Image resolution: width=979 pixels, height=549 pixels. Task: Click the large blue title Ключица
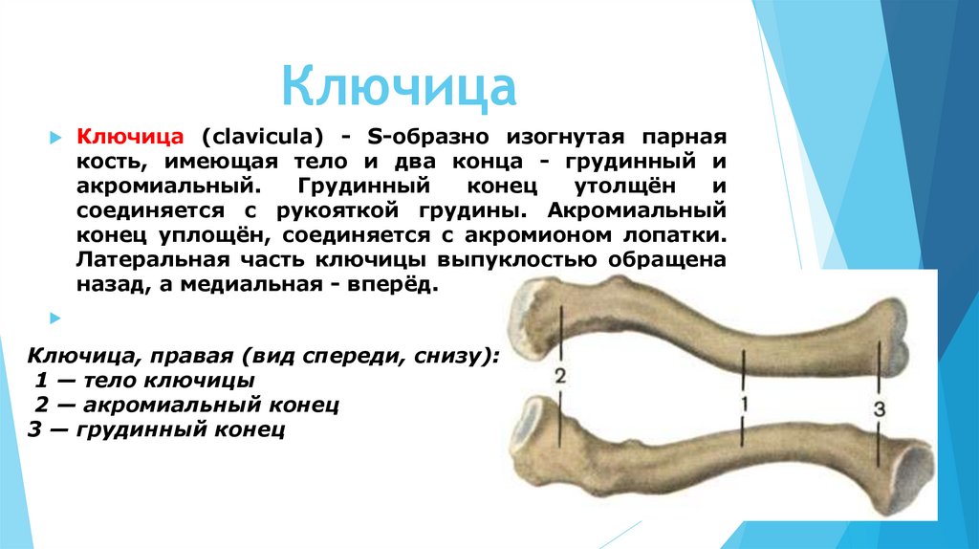(399, 86)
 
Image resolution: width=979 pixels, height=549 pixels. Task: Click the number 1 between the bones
(742, 405)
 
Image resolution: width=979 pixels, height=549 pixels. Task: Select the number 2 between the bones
(560, 375)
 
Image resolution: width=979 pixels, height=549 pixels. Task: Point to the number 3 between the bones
(880, 408)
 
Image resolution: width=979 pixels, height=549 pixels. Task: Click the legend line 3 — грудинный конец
(158, 430)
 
